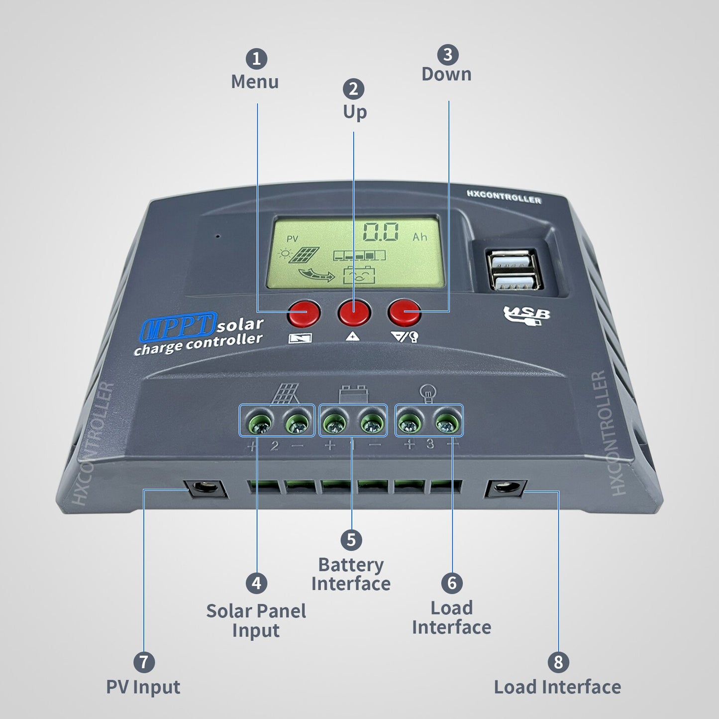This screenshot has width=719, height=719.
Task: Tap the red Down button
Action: tap(405, 312)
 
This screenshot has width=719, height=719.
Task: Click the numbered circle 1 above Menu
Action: tap(256, 59)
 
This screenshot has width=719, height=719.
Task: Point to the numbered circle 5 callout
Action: tap(351, 540)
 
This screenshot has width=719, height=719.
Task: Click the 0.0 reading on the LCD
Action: tap(381, 232)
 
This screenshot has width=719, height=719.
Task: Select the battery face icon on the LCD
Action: tap(359, 275)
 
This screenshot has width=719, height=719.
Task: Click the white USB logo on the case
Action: tap(526, 315)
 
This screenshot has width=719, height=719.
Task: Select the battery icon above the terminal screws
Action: tap(353, 394)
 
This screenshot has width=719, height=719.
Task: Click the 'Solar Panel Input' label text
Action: tap(256, 621)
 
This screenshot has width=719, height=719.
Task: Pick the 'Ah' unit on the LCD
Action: tap(420, 237)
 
